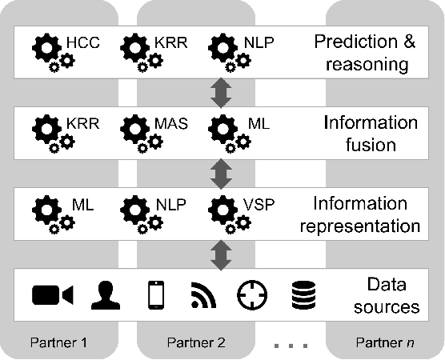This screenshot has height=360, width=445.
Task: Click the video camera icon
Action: (x=53, y=295)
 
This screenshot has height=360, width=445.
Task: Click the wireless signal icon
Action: (x=204, y=296)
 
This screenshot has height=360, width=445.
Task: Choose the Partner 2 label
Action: (x=196, y=343)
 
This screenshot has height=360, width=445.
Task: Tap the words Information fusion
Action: (x=371, y=134)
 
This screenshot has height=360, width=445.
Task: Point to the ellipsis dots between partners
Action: (x=290, y=346)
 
